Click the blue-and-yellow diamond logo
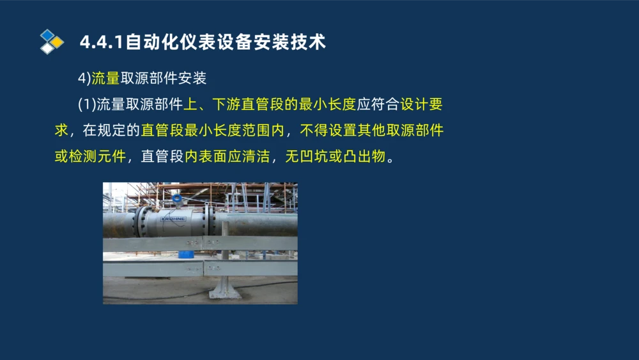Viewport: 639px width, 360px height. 52,42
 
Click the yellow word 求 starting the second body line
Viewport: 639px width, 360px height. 61,130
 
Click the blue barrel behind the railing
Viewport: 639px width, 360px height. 186,254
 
